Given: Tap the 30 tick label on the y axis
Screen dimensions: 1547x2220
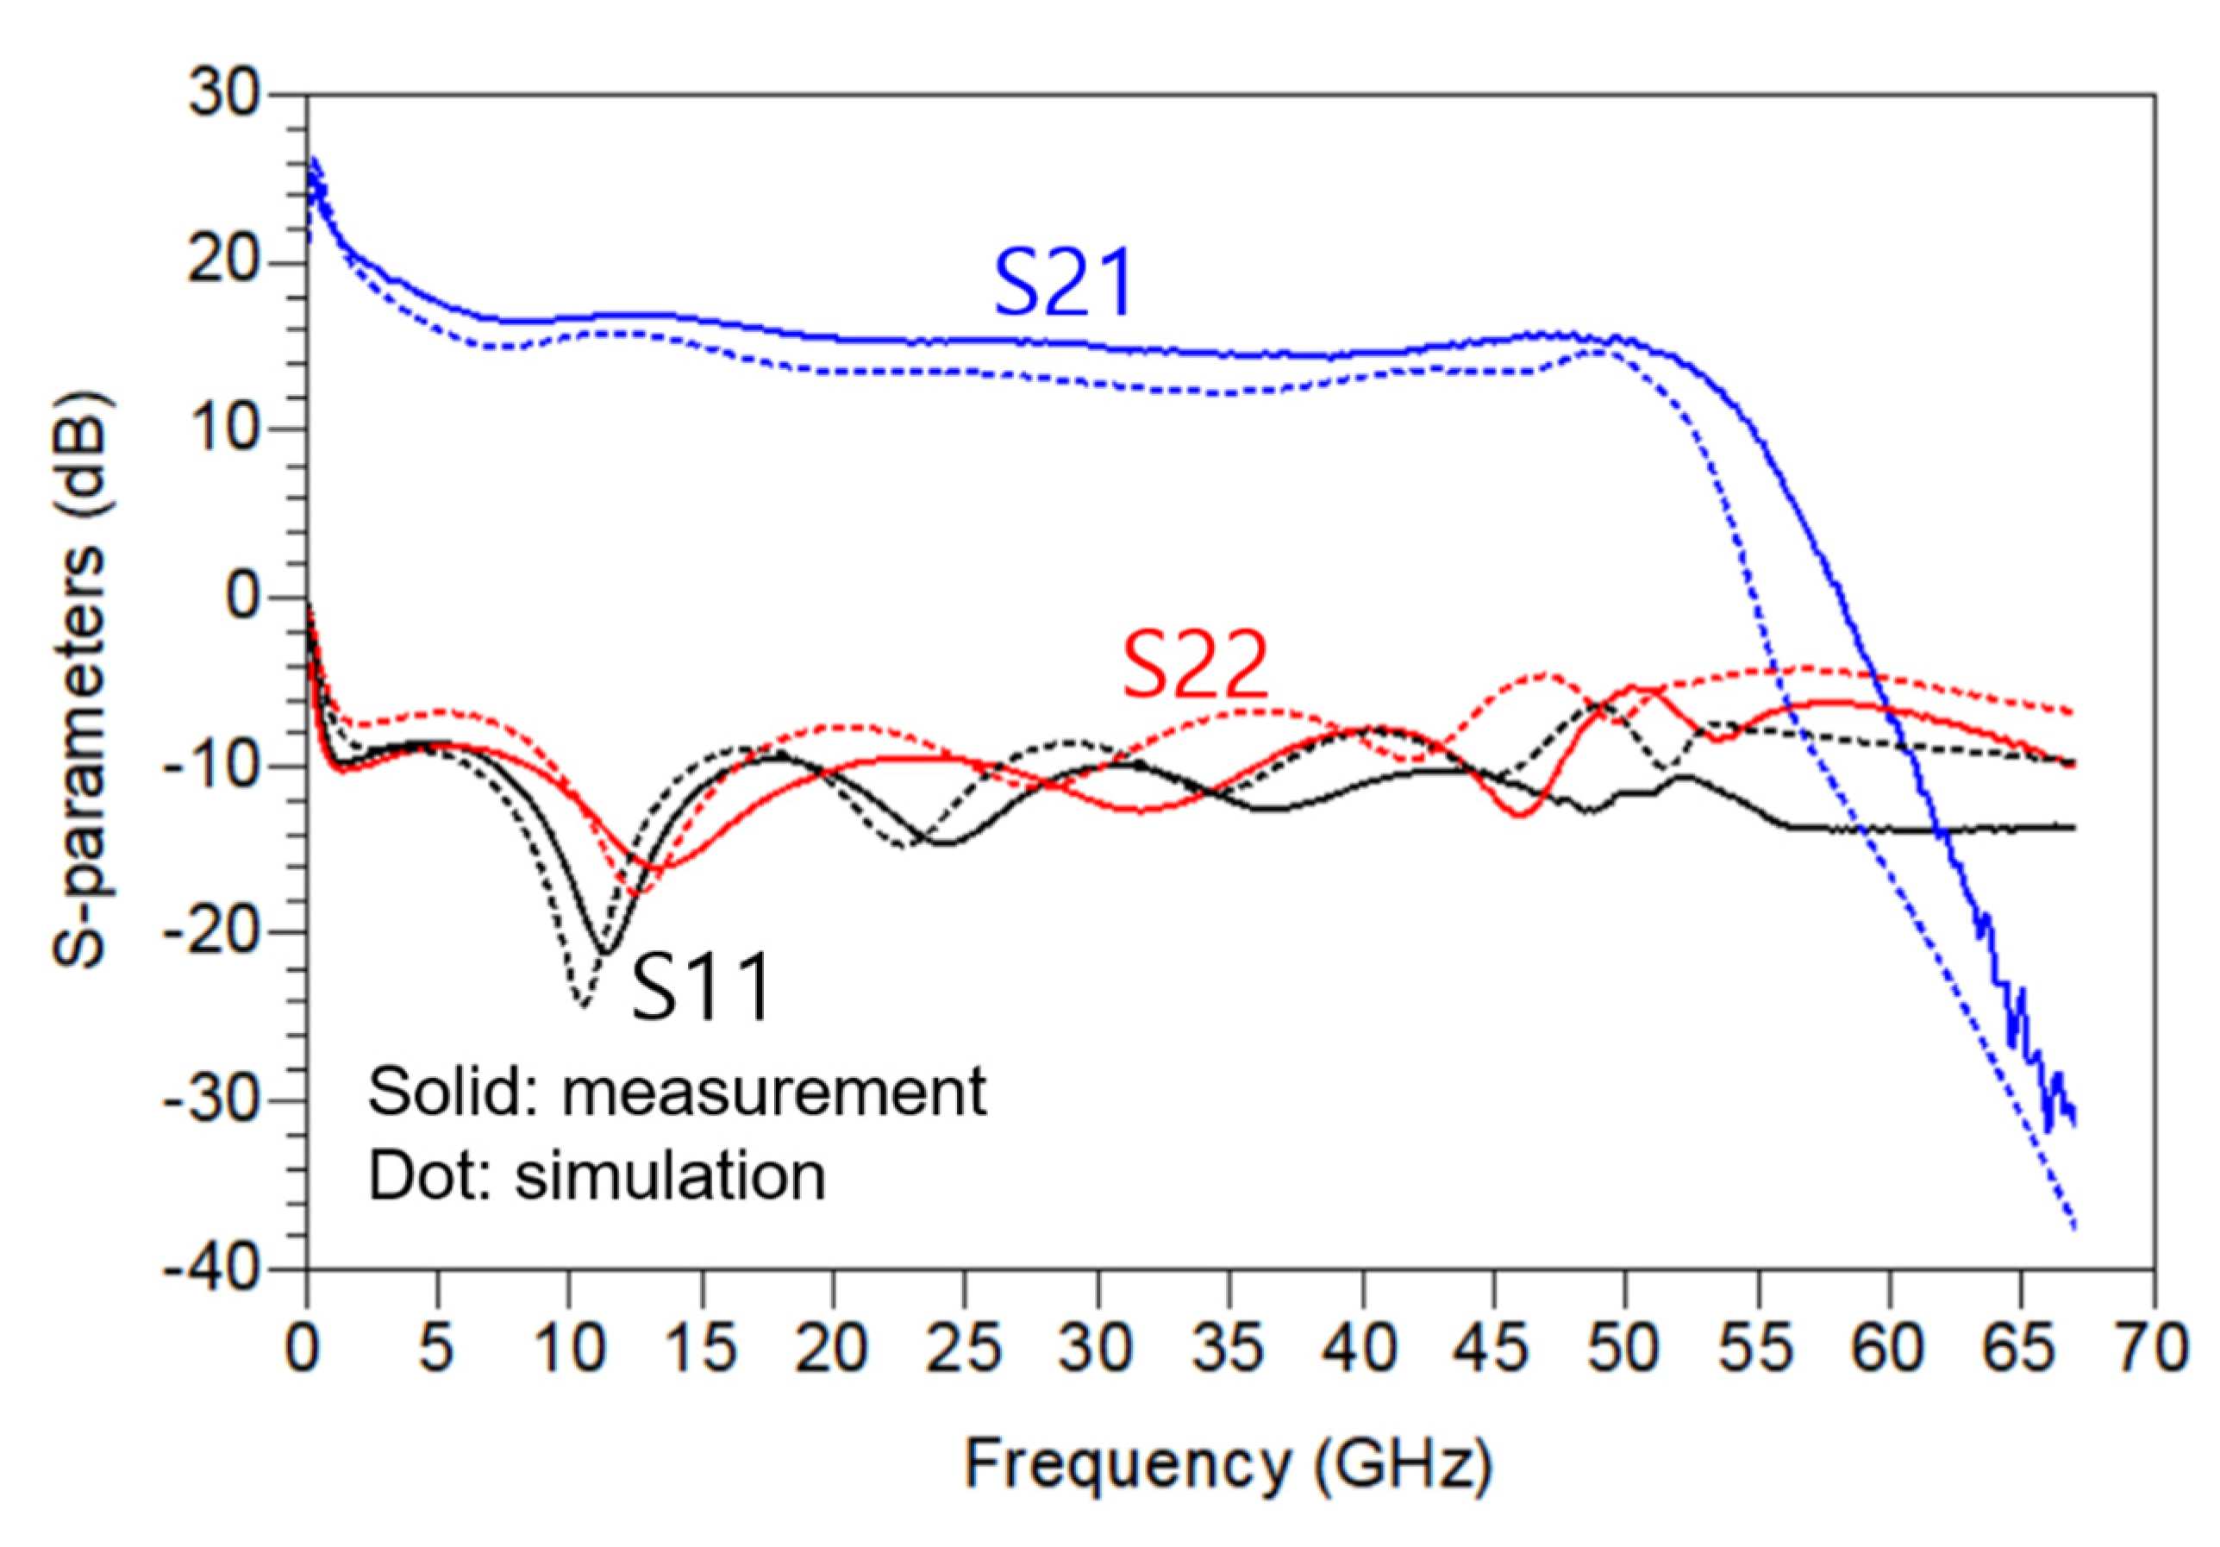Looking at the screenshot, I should (224, 96).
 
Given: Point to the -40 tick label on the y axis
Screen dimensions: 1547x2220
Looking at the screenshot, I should (212, 1268).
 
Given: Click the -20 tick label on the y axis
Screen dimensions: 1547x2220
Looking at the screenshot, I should (212, 933).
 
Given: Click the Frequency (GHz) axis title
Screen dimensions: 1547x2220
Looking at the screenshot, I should (1228, 1465).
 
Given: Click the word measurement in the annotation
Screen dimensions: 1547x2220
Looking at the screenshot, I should (773, 1093).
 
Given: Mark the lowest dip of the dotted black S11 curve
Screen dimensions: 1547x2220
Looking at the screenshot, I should (582, 1005).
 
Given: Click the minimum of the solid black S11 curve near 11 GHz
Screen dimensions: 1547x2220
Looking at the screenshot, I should (604, 952).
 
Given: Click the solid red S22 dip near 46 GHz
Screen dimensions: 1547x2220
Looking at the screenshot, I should (1520, 815).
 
